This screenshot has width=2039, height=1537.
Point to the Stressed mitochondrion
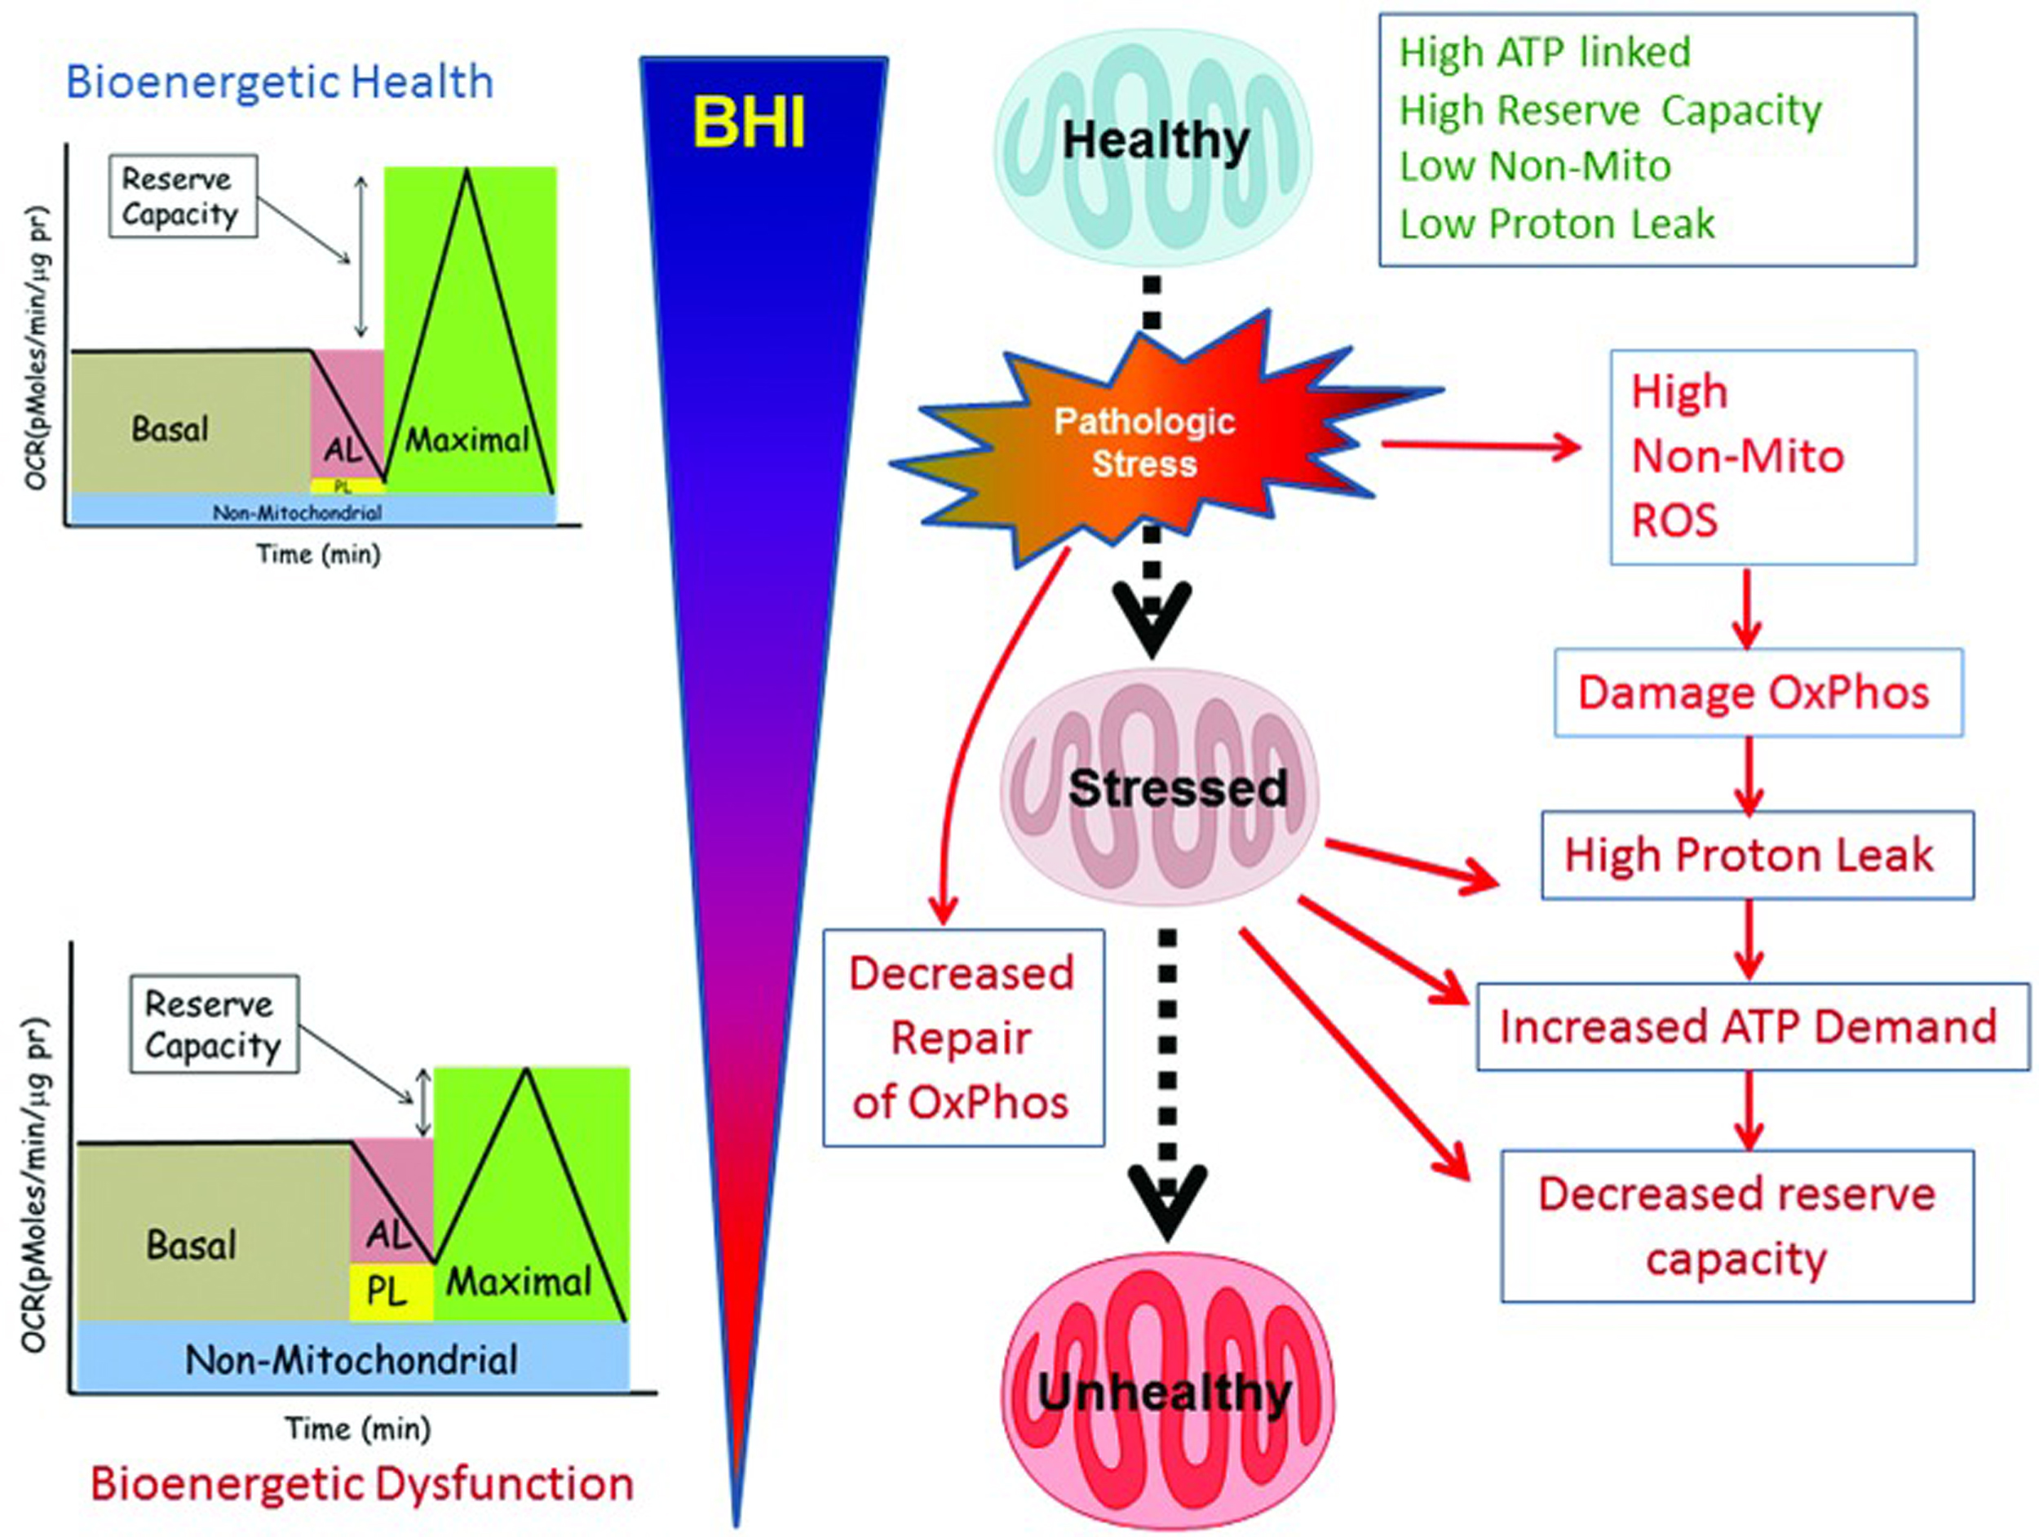point(1161,786)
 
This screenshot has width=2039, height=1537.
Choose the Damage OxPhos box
point(1758,693)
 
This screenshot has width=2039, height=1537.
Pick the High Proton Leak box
point(1757,855)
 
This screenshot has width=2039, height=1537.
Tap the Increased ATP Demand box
point(1753,1026)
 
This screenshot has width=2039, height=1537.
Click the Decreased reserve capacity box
point(1736,1225)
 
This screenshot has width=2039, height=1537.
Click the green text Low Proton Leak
point(1557,224)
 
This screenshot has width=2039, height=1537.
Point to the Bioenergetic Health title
point(279,82)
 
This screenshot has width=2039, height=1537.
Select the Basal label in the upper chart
point(170,429)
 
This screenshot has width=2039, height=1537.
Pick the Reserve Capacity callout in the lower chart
point(214,1023)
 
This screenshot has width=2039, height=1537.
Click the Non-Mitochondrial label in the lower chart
point(352,1360)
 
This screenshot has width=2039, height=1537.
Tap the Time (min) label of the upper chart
point(318,554)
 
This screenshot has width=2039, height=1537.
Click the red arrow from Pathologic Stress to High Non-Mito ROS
point(1481,447)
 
